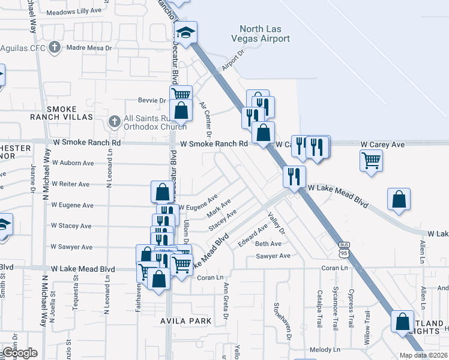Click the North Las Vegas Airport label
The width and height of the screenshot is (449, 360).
pos(264,34)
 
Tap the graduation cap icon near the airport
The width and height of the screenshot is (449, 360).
pos(186,32)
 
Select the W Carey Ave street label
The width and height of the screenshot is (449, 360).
pos(382,145)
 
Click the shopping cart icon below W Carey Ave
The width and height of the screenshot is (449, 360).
pos(372,160)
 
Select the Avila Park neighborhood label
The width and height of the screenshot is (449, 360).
pos(185,321)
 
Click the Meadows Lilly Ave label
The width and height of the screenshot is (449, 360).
pos(74,11)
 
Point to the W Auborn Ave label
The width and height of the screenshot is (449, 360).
pos(73,163)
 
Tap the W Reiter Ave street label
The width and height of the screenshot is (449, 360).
pos(70,184)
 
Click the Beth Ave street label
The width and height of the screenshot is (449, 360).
pos(268,244)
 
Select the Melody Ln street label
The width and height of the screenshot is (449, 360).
pos(325,349)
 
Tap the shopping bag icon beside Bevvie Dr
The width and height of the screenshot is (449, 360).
pos(181,111)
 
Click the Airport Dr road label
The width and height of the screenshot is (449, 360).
pos(234,61)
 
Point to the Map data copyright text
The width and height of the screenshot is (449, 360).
pos(423,355)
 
